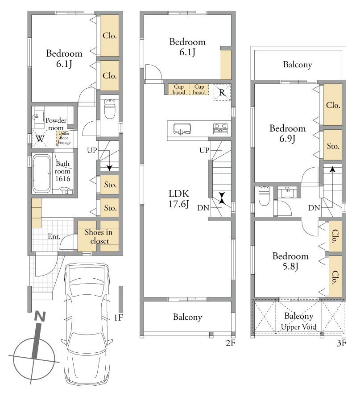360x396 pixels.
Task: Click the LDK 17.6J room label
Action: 179,198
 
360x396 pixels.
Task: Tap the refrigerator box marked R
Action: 222,92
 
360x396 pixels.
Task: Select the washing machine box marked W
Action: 40,138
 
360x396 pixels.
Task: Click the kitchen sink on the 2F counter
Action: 182,129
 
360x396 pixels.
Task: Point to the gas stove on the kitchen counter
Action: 220,128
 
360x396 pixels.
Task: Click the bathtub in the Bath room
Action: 41,173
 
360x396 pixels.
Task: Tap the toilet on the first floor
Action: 110,109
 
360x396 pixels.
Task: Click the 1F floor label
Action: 118,317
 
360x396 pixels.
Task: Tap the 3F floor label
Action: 341,343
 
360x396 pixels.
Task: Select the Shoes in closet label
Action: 99,236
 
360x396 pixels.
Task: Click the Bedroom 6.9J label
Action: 287,133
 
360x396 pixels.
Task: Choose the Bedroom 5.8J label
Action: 290,261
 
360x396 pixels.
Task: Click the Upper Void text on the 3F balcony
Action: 298,327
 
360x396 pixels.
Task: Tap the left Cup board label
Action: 179,89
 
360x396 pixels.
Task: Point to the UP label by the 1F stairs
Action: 92,150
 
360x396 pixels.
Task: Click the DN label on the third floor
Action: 314,208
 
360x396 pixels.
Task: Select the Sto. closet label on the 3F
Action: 333,146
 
